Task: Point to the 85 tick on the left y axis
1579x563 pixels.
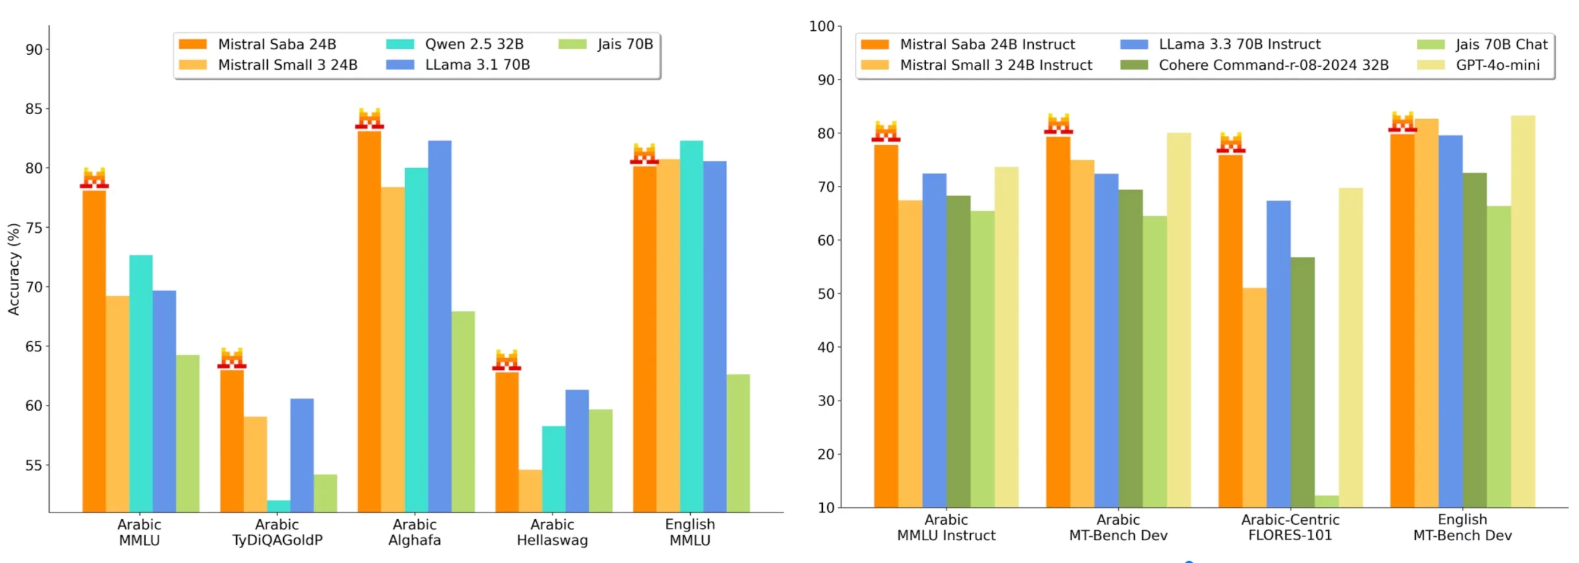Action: pos(34,109)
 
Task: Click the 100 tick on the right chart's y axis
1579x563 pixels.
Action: pos(822,27)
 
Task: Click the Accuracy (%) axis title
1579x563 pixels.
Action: pos(14,269)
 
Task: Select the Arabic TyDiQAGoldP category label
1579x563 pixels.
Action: pos(277,532)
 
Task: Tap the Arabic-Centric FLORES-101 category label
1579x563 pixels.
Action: pos(1290,527)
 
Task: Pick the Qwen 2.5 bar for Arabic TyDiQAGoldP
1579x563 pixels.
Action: pos(278,506)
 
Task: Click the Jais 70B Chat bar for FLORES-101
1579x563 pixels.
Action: pos(1326,501)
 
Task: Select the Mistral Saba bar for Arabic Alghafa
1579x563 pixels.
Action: pos(369,321)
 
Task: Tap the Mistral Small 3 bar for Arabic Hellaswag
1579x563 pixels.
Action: pos(530,491)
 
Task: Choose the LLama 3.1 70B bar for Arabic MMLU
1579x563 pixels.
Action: pos(164,401)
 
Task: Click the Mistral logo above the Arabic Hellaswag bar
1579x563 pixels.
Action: pos(506,360)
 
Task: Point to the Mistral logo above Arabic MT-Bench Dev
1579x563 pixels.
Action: pos(1058,123)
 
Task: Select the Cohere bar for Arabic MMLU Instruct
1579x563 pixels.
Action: pos(958,351)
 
